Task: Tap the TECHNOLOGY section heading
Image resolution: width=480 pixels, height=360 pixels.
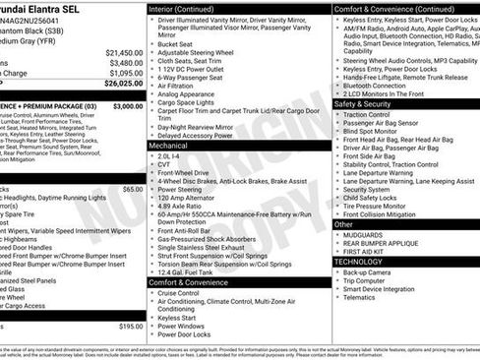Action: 358,262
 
